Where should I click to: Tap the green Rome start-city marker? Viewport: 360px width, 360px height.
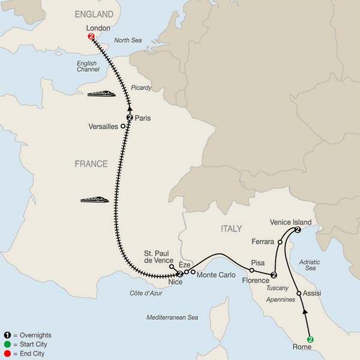click(x=310, y=339)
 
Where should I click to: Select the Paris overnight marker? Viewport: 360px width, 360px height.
click(x=129, y=118)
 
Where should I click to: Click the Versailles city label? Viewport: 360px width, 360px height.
click(x=103, y=126)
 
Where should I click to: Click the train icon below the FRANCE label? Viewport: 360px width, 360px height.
click(x=94, y=199)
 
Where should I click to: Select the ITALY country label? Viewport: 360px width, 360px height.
click(x=227, y=229)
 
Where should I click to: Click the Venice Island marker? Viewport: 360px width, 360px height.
click(x=298, y=230)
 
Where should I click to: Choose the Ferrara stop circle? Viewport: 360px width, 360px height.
click(x=280, y=242)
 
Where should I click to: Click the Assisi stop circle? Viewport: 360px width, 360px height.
click(x=299, y=293)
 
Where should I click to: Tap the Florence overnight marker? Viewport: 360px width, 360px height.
click(x=274, y=275)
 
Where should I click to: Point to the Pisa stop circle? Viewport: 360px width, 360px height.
click(x=251, y=270)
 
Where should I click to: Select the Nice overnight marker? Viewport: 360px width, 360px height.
click(x=179, y=274)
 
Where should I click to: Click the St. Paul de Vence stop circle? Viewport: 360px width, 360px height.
click(x=172, y=266)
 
